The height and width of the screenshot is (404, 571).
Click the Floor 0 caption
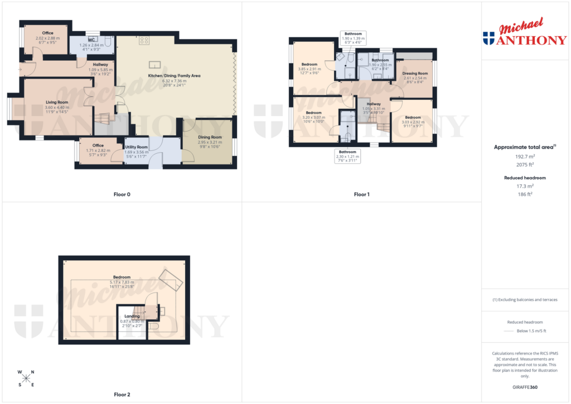click(x=122, y=194)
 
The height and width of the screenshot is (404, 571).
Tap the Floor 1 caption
click(x=361, y=194)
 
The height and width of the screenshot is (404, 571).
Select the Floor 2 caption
click(x=122, y=395)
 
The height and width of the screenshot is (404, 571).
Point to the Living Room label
click(x=57, y=102)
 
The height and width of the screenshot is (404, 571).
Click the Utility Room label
click(x=136, y=147)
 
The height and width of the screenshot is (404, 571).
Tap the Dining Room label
click(x=210, y=137)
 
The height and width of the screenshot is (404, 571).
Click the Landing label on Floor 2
click(x=132, y=316)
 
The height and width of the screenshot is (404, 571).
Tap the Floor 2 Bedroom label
click(x=122, y=277)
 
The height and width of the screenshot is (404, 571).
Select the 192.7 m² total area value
click(x=522, y=158)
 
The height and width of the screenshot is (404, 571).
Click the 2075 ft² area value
click(x=522, y=165)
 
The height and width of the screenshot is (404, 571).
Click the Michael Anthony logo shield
click(x=488, y=38)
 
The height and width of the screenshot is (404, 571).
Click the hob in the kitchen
click(x=144, y=40)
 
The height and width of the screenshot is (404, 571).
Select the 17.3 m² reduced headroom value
click(x=522, y=186)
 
